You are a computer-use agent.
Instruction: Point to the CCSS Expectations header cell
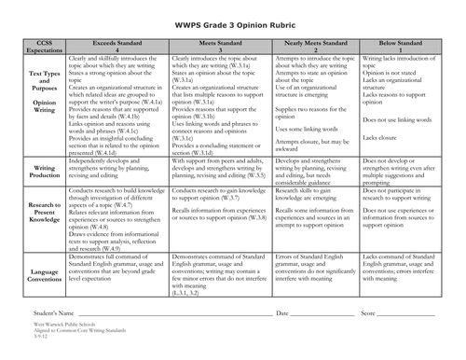[36, 48]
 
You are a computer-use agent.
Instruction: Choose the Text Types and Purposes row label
[36, 83]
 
